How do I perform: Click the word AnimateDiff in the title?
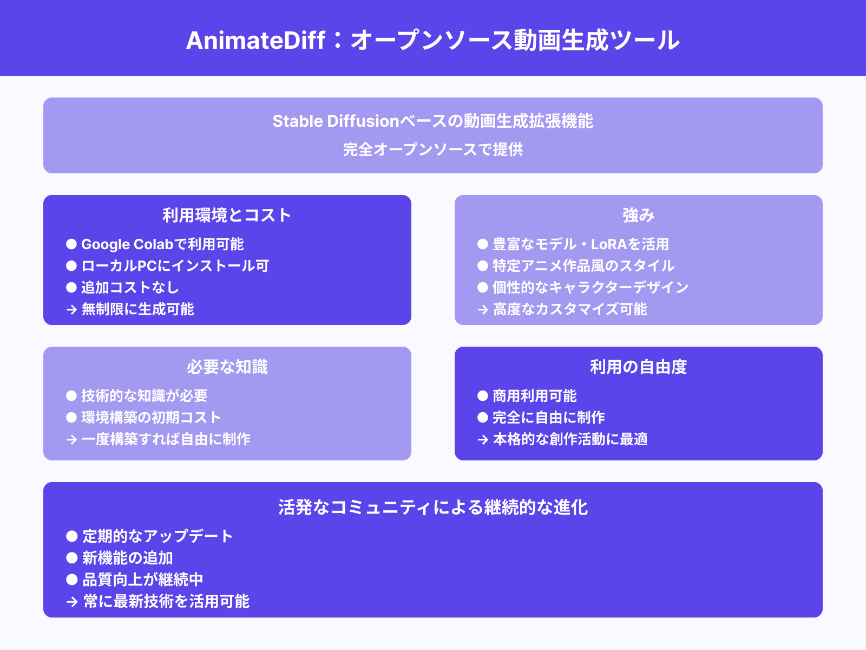255,41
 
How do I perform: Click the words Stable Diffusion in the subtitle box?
336,121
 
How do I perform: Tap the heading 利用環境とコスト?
227,216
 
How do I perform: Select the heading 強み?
638,216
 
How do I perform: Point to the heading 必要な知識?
227,367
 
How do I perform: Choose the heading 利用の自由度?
638,367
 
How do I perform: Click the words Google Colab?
127,244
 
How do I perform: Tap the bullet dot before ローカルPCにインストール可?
71,266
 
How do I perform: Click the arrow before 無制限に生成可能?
71,310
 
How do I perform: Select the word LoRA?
608,244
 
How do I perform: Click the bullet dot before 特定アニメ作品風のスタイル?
483,266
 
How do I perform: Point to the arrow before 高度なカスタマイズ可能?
483,310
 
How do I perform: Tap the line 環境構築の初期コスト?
151,418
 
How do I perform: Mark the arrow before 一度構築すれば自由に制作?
71,440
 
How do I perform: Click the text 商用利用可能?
534,396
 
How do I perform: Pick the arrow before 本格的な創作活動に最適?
483,440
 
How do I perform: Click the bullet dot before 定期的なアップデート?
72,536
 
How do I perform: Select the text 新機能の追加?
128,558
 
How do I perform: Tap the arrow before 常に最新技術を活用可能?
72,602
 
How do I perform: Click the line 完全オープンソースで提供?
433,149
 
